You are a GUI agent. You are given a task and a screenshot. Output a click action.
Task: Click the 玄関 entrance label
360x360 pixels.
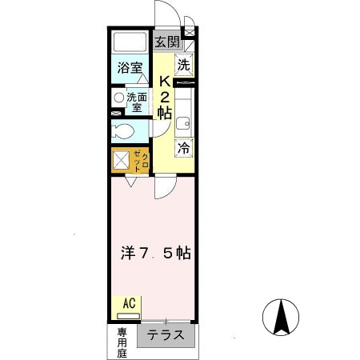(x=166, y=41)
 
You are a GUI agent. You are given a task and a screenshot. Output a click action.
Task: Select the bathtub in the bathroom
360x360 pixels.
(x=127, y=42)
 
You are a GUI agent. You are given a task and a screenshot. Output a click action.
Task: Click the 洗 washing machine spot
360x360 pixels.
(x=184, y=64)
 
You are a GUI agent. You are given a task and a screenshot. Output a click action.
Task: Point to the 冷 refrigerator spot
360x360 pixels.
(x=184, y=147)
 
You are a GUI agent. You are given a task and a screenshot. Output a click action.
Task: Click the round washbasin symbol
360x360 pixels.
(x=118, y=98)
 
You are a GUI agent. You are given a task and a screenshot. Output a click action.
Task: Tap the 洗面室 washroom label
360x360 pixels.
(x=136, y=100)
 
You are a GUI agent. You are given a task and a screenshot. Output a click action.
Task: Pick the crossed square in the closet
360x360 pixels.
(x=121, y=160)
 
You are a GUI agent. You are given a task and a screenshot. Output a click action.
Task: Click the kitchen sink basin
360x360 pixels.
(x=183, y=123)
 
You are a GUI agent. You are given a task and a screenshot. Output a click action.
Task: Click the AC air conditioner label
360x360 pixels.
(x=128, y=303)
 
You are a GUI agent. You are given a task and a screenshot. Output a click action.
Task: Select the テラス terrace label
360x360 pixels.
(x=166, y=335)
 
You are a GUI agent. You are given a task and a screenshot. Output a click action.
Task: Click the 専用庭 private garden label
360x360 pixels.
(x=122, y=342)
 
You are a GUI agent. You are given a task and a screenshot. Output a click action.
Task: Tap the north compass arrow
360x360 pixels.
(x=281, y=316)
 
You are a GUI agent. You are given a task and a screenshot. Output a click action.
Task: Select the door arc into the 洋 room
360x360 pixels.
(x=164, y=188)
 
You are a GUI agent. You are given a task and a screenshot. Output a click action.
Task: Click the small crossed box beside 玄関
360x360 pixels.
(x=189, y=33)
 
